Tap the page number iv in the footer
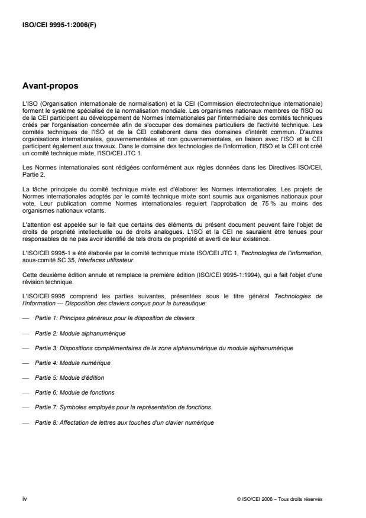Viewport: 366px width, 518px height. [x=24, y=499]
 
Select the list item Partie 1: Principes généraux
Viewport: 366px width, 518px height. [x=115, y=318]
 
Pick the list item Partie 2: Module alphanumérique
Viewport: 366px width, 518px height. [x=80, y=333]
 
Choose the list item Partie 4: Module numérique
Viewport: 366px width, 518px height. [x=73, y=363]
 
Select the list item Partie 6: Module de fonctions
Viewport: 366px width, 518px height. [x=75, y=392]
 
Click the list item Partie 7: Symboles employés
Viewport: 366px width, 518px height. [x=123, y=407]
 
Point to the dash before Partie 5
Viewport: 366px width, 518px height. [x=24, y=377]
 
